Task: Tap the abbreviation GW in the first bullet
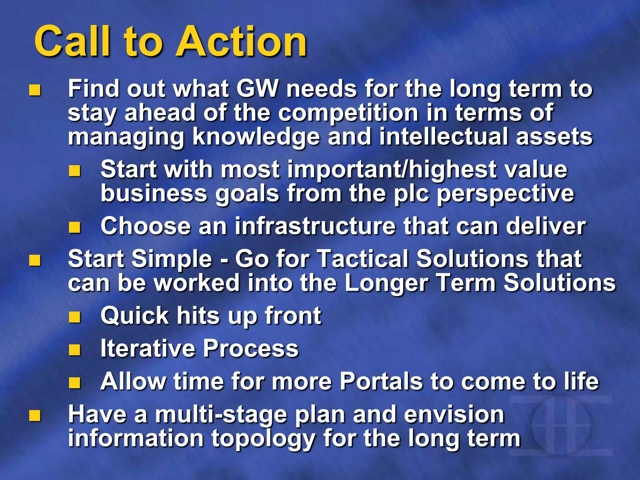pos(257,89)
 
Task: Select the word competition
pos(348,113)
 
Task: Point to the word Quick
pos(135,316)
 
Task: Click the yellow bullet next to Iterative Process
pos(75,350)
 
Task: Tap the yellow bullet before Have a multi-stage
pos(35,416)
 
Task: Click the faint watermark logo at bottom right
pos(561,426)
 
